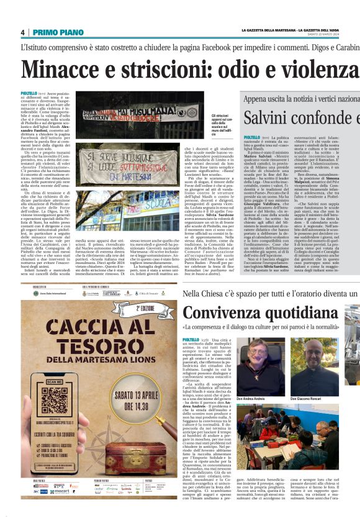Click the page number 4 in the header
22,32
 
